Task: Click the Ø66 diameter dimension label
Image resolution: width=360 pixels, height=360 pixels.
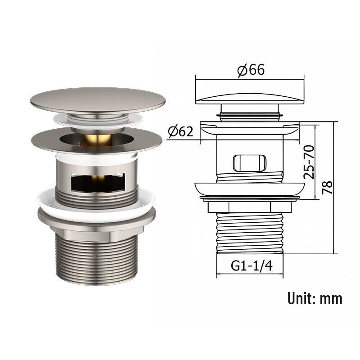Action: click(251, 70)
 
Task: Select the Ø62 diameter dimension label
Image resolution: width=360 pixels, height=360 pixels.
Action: click(180, 132)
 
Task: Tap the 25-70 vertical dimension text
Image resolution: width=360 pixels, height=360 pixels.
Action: click(309, 162)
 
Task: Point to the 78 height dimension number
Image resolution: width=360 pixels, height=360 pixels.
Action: click(328, 188)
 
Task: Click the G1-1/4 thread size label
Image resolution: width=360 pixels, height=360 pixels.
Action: click(252, 266)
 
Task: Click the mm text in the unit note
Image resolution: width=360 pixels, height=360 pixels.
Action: click(331, 299)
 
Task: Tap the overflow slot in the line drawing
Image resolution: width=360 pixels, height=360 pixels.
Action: click(250, 163)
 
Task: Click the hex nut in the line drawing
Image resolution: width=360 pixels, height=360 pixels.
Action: click(250, 207)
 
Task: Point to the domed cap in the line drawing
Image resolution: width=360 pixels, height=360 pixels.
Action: click(250, 99)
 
